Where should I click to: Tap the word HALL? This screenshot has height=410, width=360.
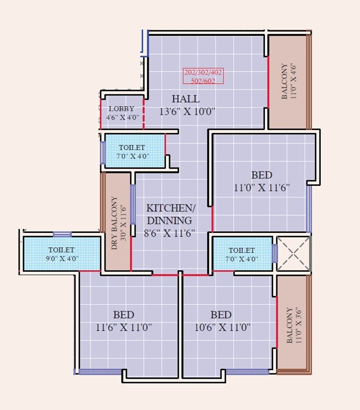coord(185,99)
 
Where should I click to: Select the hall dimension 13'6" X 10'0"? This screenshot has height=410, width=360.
coord(187,112)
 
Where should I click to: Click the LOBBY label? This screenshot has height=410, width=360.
coord(121,109)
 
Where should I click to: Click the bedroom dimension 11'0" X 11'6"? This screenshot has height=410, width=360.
coord(261,188)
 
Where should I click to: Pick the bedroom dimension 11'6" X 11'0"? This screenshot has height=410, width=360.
coord(123,327)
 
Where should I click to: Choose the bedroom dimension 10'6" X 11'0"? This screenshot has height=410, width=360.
coord(221,327)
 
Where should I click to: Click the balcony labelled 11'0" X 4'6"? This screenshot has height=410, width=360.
coord(288,81)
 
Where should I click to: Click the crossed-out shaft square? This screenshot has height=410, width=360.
coord(294,254)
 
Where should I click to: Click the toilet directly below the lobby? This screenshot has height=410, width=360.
coord(134,151)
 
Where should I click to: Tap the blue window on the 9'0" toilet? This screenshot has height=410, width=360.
coord(62,235)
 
